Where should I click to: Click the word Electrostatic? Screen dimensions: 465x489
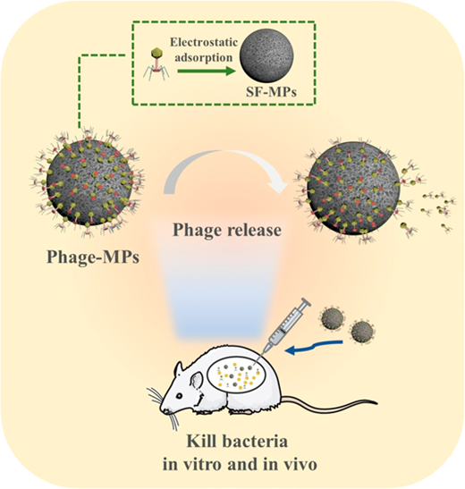204,43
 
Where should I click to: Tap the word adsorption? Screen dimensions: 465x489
203,58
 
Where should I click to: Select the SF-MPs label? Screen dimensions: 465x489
271,92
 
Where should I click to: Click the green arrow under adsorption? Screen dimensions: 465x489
207,72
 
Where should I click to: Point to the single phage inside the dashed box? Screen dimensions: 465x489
156,64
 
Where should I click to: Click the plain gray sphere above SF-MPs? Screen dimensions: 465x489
266,55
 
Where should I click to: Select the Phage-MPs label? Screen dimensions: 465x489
93,257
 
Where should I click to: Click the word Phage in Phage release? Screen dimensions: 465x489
197,230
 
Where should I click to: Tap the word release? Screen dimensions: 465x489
253,230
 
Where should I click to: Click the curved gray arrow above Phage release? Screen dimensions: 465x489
225,153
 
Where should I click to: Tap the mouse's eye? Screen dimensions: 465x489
180,396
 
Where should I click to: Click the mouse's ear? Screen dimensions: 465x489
197,380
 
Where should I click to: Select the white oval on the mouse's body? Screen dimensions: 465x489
236,375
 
